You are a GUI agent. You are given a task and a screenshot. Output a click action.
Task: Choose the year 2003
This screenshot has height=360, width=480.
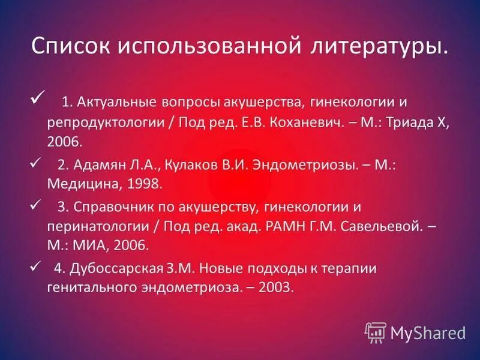(276, 288)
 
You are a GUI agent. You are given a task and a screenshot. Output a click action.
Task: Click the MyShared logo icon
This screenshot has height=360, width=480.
(376, 332)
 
